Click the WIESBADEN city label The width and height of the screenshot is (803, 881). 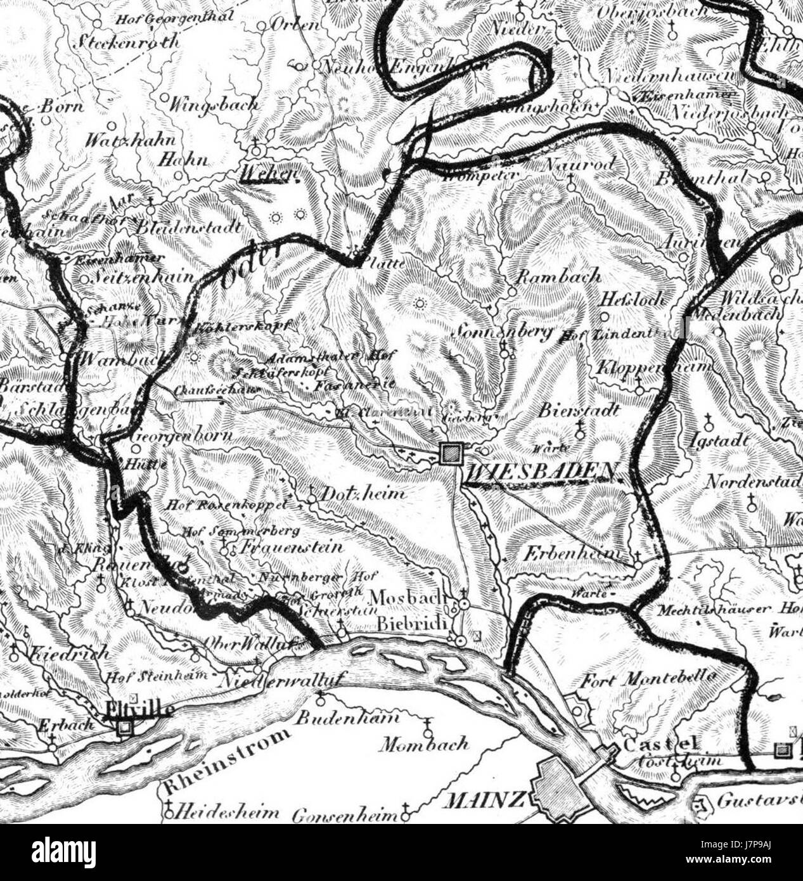[x=543, y=471]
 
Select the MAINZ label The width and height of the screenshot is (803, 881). [x=485, y=801]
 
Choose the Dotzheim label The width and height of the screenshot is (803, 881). [x=363, y=493]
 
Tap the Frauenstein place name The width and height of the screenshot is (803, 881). [x=292, y=546]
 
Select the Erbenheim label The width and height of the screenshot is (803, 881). [x=572, y=553]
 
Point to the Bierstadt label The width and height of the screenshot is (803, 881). [x=579, y=411]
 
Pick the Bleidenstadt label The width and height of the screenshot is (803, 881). [x=190, y=226]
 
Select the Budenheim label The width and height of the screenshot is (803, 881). [x=357, y=718]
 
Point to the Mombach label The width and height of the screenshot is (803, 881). [x=424, y=743]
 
